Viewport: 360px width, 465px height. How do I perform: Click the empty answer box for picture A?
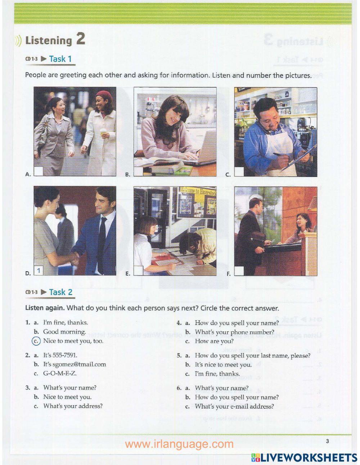39,171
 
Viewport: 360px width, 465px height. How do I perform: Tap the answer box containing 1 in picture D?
39,270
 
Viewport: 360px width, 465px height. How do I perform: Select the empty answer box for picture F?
239,271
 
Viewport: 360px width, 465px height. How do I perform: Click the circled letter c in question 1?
36,341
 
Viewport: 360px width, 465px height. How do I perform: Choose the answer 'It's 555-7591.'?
60,355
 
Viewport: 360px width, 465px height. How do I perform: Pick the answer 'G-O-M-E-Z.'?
60,373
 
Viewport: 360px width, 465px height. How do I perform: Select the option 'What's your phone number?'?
234,332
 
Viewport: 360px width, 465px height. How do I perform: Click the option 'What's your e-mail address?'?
234,406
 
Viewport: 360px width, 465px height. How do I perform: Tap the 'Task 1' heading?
60,59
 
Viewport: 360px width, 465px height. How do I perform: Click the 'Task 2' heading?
60,292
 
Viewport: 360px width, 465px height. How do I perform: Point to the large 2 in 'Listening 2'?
80,39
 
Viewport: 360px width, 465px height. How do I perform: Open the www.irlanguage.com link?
179,444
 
